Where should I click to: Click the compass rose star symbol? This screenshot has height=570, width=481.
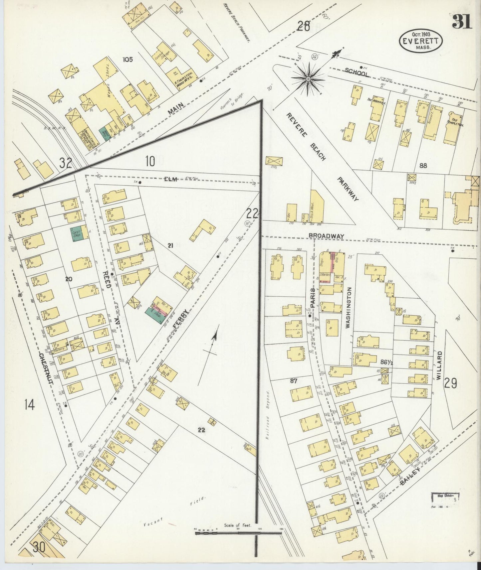tap(308, 79)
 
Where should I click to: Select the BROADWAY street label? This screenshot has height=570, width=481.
tap(326, 236)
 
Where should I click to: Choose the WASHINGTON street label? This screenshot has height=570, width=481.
tap(348, 308)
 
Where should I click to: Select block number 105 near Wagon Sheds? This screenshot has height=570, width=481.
tap(127, 60)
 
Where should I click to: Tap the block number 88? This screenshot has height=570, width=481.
tap(423, 165)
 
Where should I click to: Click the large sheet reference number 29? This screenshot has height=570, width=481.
tap(450, 383)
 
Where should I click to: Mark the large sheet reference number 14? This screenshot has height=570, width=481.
tap(29, 405)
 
